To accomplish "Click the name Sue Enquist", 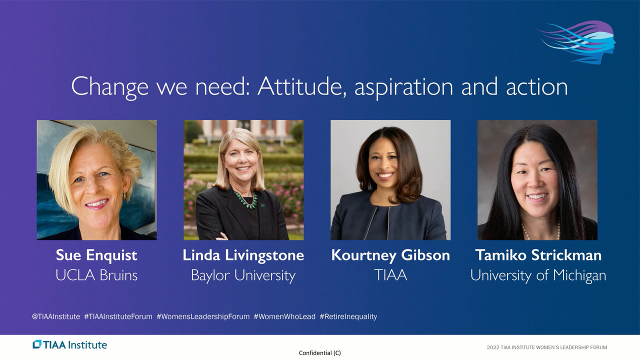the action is [96, 255].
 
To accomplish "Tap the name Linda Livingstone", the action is [243, 255].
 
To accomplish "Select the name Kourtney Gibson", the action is [390, 255].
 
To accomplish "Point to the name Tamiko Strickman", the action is [538, 255].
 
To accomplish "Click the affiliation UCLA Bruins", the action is [96, 275].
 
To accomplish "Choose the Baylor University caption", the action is [243, 275].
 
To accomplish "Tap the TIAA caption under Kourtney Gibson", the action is [390, 275].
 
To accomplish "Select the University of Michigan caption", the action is [538, 275].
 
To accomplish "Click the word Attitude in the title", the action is [300, 86].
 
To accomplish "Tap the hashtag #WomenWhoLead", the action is [284, 316].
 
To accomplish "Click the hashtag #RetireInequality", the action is [348, 316].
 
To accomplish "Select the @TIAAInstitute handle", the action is [56, 316].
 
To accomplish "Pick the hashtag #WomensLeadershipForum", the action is [203, 316].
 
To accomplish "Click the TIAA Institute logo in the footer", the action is [69, 344].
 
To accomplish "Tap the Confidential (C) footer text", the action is [320, 353].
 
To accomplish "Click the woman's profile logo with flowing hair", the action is [576, 42].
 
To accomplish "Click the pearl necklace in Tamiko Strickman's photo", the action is [540, 231].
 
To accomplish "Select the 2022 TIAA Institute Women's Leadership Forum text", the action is [547, 347].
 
